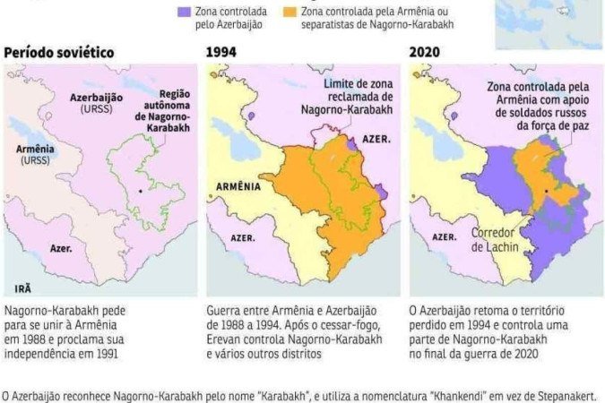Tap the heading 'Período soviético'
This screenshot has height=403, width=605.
coord(58,52)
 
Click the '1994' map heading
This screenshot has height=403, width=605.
coord(221,52)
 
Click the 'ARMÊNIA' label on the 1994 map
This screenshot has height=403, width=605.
coord(238,187)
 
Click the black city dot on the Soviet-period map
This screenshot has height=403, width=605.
coord(141,192)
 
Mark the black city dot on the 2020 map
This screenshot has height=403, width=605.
coord(546,192)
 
